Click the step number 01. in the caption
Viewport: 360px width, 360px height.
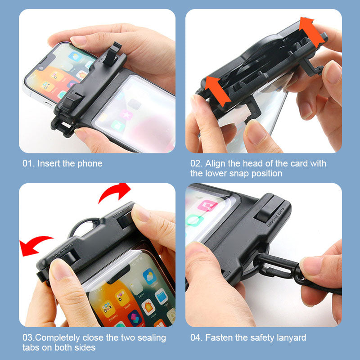29,163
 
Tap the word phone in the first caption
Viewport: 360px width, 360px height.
90,163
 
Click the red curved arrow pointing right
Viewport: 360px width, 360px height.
114,193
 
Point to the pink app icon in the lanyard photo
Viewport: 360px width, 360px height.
207,206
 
